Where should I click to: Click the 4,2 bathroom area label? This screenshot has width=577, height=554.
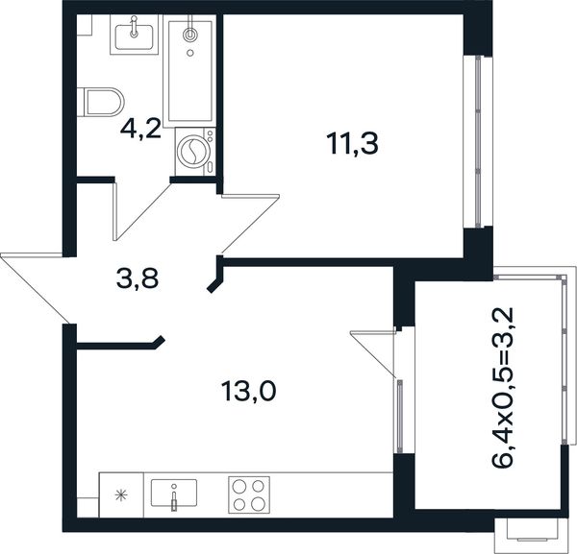pyautogui.click(x=141, y=130)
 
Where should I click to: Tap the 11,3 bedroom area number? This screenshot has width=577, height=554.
pyautogui.click(x=352, y=144)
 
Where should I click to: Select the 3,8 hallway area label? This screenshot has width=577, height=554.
pyautogui.click(x=138, y=278)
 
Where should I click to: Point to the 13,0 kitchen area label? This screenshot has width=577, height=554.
pyautogui.click(x=248, y=391)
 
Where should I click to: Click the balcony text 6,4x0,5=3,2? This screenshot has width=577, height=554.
pyautogui.click(x=503, y=388)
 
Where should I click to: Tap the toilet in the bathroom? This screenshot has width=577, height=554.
pyautogui.click(x=100, y=102)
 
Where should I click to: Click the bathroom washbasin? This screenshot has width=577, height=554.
pyautogui.click(x=134, y=35)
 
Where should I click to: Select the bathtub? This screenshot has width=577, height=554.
pyautogui.click(x=189, y=71)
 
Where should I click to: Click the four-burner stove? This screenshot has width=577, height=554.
pyautogui.click(x=249, y=494)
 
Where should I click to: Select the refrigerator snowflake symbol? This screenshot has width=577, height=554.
pyautogui.click(x=120, y=495)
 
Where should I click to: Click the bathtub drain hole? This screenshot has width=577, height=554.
pyautogui.click(x=190, y=53)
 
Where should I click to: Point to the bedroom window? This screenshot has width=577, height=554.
pyautogui.click(x=478, y=141)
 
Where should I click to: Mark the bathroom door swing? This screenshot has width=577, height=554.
pyautogui.click(x=142, y=208)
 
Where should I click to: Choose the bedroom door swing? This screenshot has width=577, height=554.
pyautogui.click(x=249, y=225)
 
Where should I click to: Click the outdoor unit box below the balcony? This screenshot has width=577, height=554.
pyautogui.click(x=530, y=532)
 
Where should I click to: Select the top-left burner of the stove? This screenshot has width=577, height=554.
pyautogui.click(x=240, y=487)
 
